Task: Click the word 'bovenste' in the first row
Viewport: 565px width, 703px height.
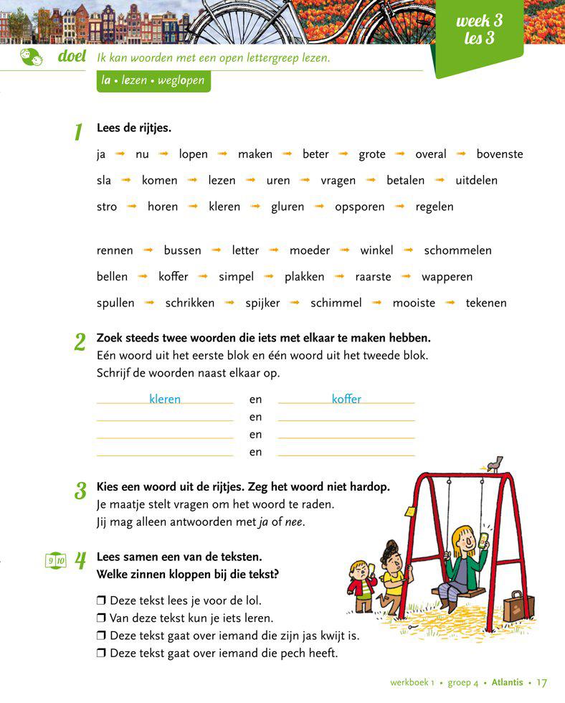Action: [499, 154]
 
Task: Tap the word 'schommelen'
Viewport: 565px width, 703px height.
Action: [457, 250]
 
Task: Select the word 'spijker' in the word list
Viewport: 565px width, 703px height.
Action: [262, 303]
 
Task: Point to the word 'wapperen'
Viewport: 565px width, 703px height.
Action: [447, 277]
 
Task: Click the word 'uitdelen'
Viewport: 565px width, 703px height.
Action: [476, 181]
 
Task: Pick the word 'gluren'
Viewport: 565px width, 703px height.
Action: [287, 207]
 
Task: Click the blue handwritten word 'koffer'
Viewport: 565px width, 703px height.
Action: [346, 399]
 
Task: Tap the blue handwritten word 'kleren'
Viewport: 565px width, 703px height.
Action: [165, 399]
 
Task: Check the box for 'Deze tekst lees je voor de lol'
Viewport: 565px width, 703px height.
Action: [101, 600]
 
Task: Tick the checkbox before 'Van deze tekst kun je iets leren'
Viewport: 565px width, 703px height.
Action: [101, 618]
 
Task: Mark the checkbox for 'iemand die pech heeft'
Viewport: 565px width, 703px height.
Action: [101, 653]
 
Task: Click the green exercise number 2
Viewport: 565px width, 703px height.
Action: [80, 342]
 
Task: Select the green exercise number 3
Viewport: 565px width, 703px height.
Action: [80, 491]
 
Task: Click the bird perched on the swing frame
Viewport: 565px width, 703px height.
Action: [493, 463]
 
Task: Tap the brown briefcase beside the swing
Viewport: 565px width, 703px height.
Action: [518, 606]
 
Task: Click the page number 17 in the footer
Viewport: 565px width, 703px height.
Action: [541, 682]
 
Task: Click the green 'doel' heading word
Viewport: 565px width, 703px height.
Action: [72, 57]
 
